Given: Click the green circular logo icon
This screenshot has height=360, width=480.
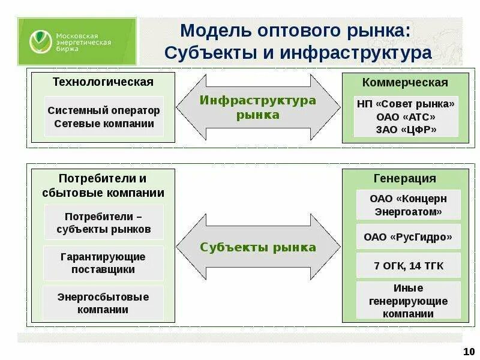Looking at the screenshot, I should (x=40, y=41).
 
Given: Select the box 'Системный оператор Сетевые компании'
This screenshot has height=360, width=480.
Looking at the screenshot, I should (x=104, y=117).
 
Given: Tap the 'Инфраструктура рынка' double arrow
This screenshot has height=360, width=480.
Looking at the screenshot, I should (x=258, y=107).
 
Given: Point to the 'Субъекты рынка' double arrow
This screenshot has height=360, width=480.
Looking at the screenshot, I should (x=258, y=247).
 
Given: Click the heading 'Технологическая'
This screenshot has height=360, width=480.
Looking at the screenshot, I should (x=103, y=82).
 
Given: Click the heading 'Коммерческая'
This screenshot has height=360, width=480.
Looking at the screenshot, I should (x=405, y=82).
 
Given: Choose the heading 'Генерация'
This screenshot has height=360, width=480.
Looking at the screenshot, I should (x=405, y=178).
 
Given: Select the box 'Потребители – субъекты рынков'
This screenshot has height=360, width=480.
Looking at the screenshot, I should (x=104, y=223).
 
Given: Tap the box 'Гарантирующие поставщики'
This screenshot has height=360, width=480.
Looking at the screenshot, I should (x=104, y=263).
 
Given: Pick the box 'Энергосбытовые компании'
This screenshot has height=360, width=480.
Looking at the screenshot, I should (x=104, y=303).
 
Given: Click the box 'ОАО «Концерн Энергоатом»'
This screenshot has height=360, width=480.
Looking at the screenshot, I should (x=408, y=205).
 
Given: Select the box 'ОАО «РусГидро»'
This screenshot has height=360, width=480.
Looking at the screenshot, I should (x=408, y=237).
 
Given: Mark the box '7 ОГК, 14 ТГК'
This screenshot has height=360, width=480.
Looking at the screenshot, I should (x=408, y=266).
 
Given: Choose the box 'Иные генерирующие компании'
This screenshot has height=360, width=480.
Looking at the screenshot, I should (x=408, y=301).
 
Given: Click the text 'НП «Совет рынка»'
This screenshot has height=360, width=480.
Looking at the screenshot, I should (x=406, y=104).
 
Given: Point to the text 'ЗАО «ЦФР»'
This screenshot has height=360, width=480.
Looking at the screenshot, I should (x=406, y=130).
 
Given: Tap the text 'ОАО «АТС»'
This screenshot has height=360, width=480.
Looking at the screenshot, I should (x=406, y=116).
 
